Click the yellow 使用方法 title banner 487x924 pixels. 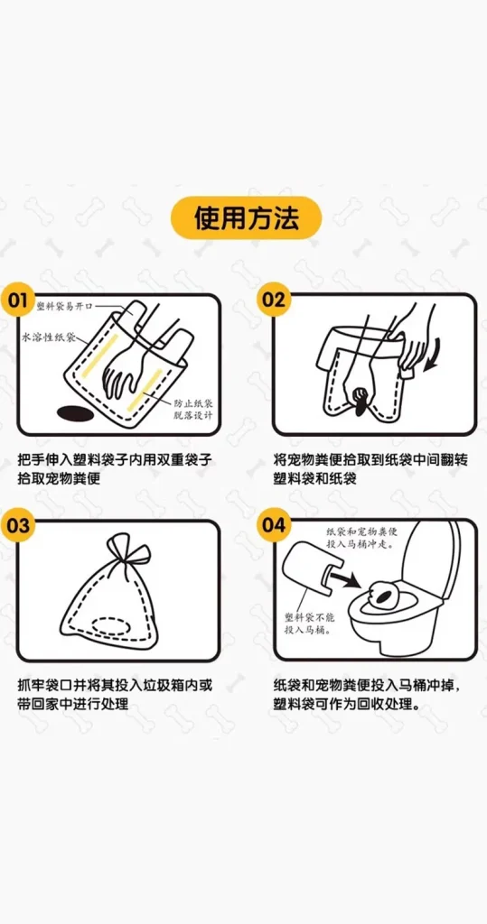[246, 218]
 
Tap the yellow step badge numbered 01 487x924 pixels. [17, 300]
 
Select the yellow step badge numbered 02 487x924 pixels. [274, 300]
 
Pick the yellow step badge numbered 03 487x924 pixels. [17, 524]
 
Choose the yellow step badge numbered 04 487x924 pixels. [274, 524]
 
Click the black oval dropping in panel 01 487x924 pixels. [73, 413]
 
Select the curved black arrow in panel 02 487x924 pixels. [434, 357]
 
